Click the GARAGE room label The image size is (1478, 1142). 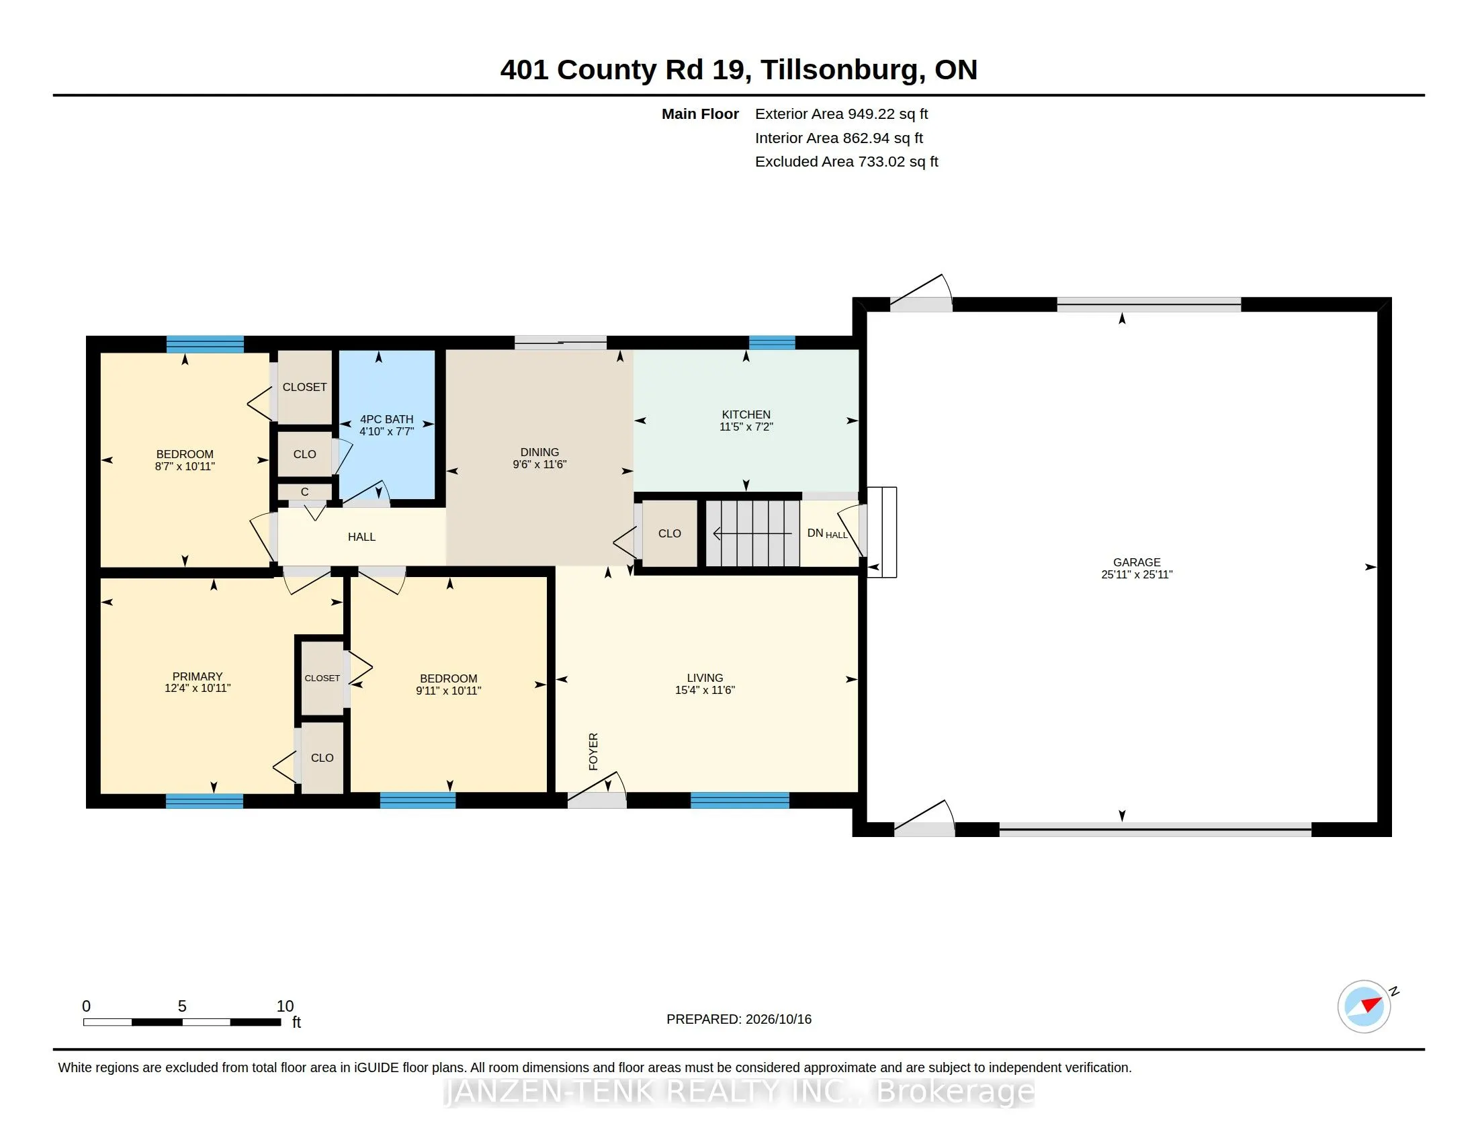1136,562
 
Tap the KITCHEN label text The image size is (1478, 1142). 746,414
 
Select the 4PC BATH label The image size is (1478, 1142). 386,419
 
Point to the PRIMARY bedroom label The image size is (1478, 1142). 197,676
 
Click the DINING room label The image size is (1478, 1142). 539,453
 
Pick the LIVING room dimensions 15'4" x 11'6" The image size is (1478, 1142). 705,690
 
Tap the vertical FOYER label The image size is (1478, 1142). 593,751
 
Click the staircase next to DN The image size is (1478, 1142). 752,533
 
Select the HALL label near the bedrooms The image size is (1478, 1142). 361,537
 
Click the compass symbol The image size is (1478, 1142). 1364,1006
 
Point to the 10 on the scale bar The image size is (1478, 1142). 285,1006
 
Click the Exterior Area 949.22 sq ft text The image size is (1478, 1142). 841,114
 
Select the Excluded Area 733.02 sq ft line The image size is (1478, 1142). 846,162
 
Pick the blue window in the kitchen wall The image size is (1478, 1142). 771,343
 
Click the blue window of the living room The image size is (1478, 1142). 740,800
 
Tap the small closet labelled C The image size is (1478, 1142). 304,492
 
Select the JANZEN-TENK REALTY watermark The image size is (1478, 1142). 739,1091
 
